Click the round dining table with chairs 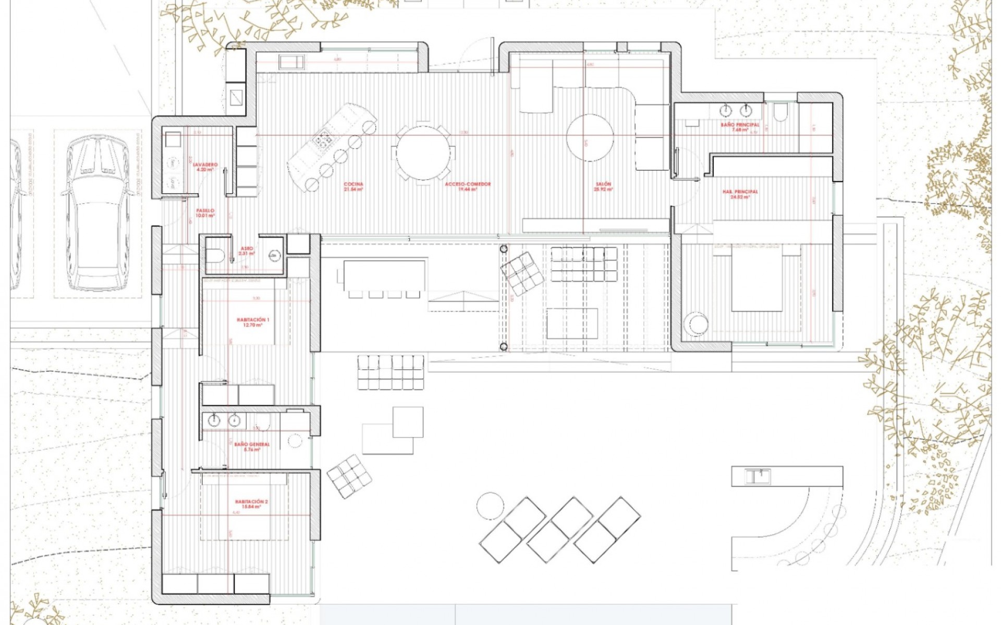click(423, 152)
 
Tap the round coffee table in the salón click(589, 137)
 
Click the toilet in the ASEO click(215, 255)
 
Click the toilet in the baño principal click(780, 112)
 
